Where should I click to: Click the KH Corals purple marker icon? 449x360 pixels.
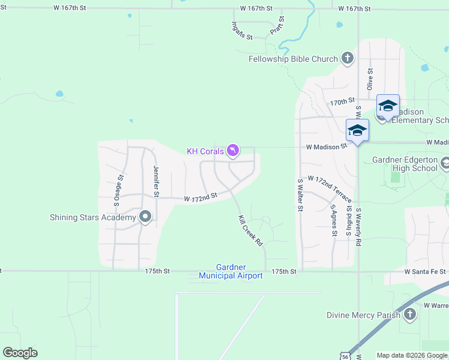pyautogui.click(x=233, y=150)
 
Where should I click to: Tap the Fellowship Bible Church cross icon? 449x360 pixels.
pyautogui.click(x=347, y=58)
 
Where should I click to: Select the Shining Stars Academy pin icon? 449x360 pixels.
pyautogui.click(x=145, y=217)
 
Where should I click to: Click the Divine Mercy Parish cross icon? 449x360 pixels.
pyautogui.click(x=409, y=314)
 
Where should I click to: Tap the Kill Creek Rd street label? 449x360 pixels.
pyautogui.click(x=251, y=232)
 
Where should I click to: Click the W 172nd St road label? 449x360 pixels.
pyautogui.click(x=200, y=197)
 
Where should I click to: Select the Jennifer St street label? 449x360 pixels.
pyautogui.click(x=156, y=181)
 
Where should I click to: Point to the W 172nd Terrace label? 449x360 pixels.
pyautogui.click(x=330, y=187)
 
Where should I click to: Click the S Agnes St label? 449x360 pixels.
pyautogui.click(x=334, y=220)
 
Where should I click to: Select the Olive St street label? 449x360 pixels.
pyautogui.click(x=370, y=79)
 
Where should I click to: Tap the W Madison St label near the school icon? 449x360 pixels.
pyautogui.click(x=327, y=146)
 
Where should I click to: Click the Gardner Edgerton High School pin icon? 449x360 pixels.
pyautogui.click(x=445, y=163)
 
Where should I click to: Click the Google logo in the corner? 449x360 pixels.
pyautogui.click(x=20, y=353)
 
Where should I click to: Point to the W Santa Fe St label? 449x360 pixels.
pyautogui.click(x=425, y=271)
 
